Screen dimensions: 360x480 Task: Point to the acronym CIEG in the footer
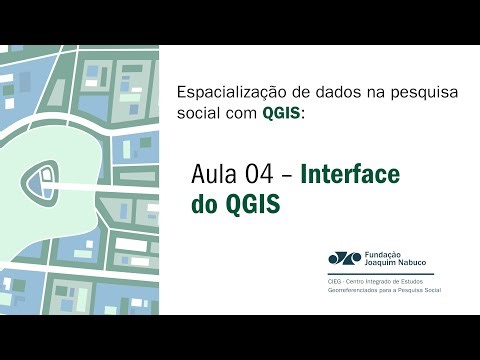[335, 283]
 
